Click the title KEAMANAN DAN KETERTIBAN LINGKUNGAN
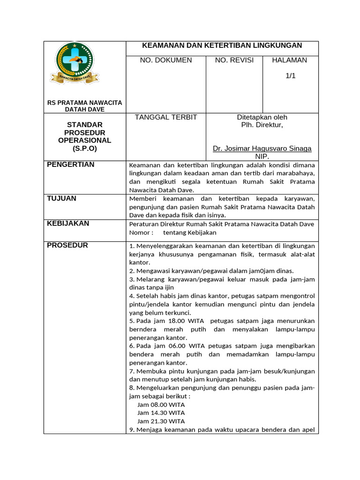coord(222,45)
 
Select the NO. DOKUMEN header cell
coord(166,60)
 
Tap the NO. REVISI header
coord(234,60)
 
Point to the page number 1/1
coord(291,75)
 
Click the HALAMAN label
coord(290,60)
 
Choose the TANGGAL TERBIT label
coord(166,117)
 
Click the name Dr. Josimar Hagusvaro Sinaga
coord(262,149)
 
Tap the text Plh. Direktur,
coord(262,125)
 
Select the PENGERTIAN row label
coord(71,165)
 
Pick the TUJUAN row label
coord(61,199)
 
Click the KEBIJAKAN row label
coord(68,224)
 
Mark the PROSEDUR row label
coord(67,245)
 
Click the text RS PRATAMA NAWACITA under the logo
coord(85,102)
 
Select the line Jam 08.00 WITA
coord(161,404)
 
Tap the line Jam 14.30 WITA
coord(161,412)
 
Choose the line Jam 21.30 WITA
coord(161,421)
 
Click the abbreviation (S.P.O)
coord(85,148)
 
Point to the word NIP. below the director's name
coord(262,157)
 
